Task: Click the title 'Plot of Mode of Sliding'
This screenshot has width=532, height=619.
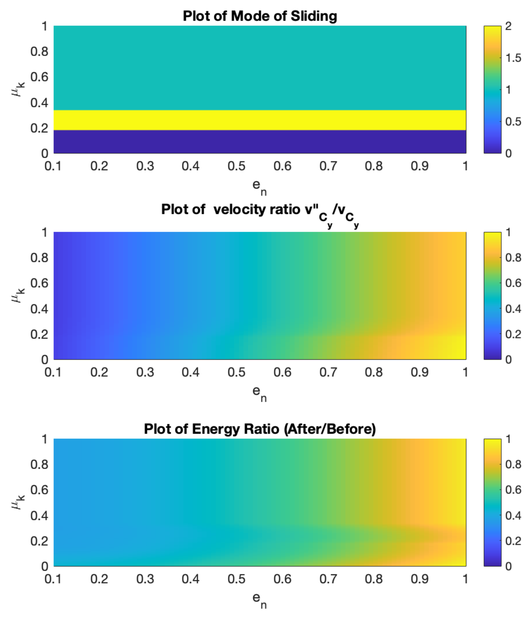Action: coord(260,16)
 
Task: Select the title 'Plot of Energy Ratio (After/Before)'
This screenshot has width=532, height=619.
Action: coord(260,429)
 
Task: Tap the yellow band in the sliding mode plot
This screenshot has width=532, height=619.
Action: coord(260,120)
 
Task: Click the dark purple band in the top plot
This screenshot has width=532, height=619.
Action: coord(260,142)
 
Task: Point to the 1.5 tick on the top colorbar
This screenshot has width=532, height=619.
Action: coord(513,58)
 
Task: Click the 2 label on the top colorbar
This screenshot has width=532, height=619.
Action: coord(508,26)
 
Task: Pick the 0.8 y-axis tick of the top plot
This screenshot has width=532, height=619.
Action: coord(39,51)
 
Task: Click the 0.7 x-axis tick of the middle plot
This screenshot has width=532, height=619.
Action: coord(328,372)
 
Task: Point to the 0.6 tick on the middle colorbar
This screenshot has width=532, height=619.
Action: coord(513,283)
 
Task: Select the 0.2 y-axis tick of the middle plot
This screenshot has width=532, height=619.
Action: coord(39,334)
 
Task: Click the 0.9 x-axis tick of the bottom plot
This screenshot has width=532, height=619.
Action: coord(420,579)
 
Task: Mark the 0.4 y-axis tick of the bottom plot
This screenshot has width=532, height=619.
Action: coord(39,515)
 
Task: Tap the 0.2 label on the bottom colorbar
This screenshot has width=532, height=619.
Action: coord(513,541)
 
